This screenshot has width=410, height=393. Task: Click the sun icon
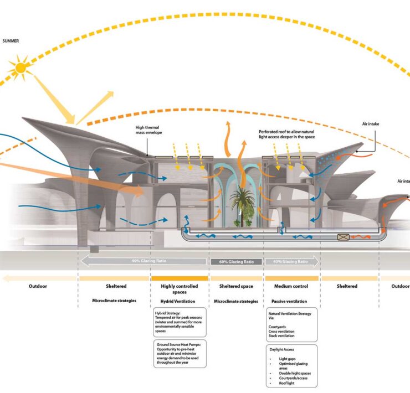click(x=21, y=68)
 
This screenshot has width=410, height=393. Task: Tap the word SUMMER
click(x=12, y=41)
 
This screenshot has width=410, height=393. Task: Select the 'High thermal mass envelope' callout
click(x=148, y=130)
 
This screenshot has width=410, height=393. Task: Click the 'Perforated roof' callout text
click(x=286, y=134)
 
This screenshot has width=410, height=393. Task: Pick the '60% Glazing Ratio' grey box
click(x=237, y=261)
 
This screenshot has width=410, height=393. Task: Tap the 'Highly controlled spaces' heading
click(x=172, y=289)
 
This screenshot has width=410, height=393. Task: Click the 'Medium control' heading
click(x=291, y=286)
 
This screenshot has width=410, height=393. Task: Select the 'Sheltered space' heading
click(x=236, y=286)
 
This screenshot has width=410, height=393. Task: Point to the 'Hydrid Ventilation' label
click(x=172, y=302)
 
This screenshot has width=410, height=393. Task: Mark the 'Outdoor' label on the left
click(x=38, y=286)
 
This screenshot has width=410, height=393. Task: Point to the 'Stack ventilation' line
click(x=281, y=335)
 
